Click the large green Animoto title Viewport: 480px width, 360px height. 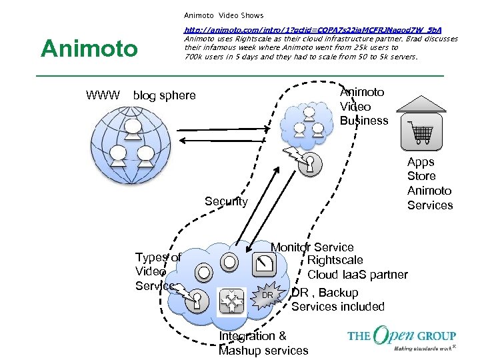(89, 49)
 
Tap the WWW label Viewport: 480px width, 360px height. (103, 95)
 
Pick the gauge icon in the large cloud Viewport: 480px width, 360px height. (265, 265)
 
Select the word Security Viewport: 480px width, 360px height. (226, 201)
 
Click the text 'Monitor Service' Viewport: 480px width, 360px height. (312, 247)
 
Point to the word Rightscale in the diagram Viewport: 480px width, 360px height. (335, 260)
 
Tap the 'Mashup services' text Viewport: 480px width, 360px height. (263, 351)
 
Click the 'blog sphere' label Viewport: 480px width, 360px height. (165, 95)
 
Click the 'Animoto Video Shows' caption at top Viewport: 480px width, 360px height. (223, 15)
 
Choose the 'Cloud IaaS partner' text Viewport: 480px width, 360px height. (357, 275)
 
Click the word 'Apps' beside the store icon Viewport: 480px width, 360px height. (421, 162)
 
